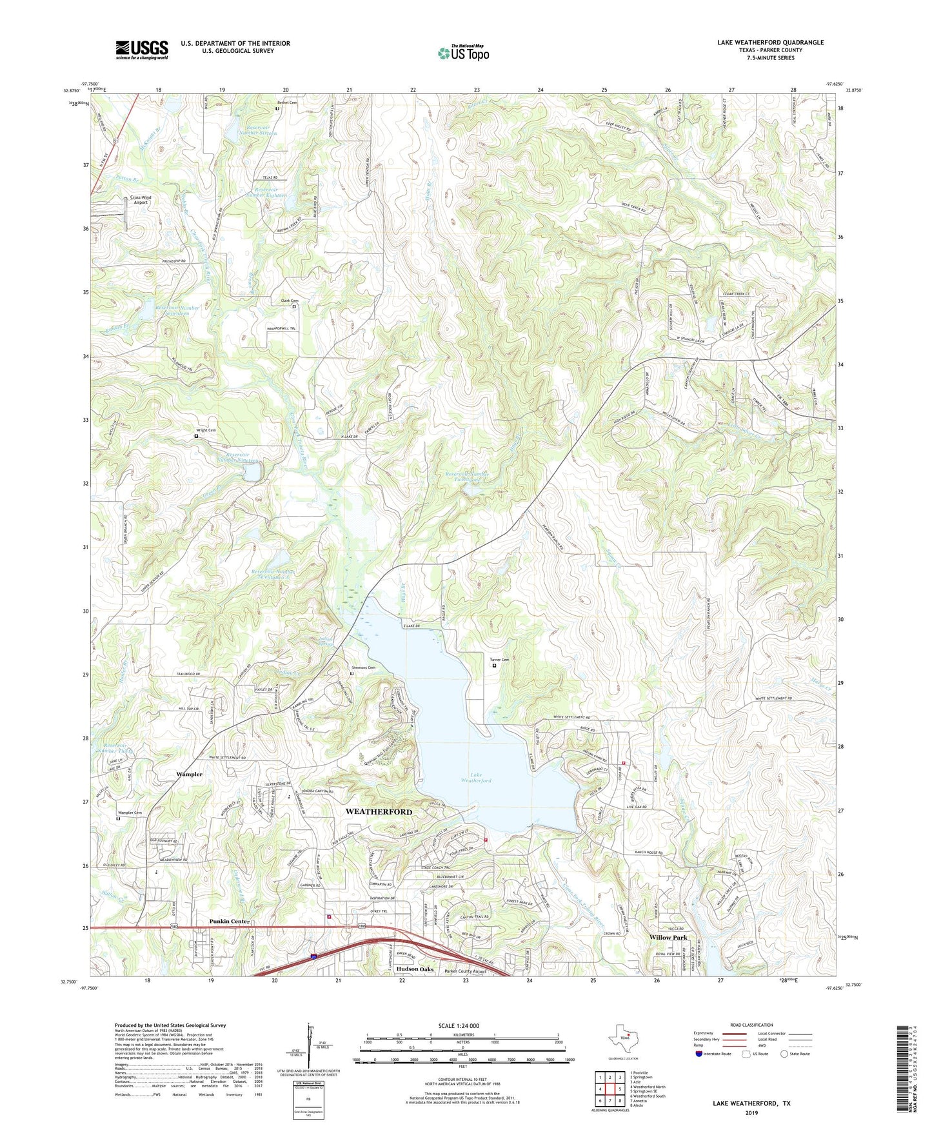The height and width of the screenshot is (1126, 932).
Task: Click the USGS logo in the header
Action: (x=141, y=49)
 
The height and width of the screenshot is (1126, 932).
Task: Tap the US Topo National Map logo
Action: (x=462, y=52)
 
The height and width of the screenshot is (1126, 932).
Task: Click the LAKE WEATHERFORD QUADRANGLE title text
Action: (x=769, y=43)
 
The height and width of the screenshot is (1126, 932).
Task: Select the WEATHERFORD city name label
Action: (x=379, y=811)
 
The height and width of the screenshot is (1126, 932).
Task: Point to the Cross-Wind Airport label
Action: (x=140, y=200)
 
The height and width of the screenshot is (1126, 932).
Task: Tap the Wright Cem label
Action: (x=206, y=430)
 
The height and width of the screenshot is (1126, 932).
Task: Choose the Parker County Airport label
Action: (x=466, y=971)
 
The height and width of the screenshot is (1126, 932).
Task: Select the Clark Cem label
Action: (x=290, y=301)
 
